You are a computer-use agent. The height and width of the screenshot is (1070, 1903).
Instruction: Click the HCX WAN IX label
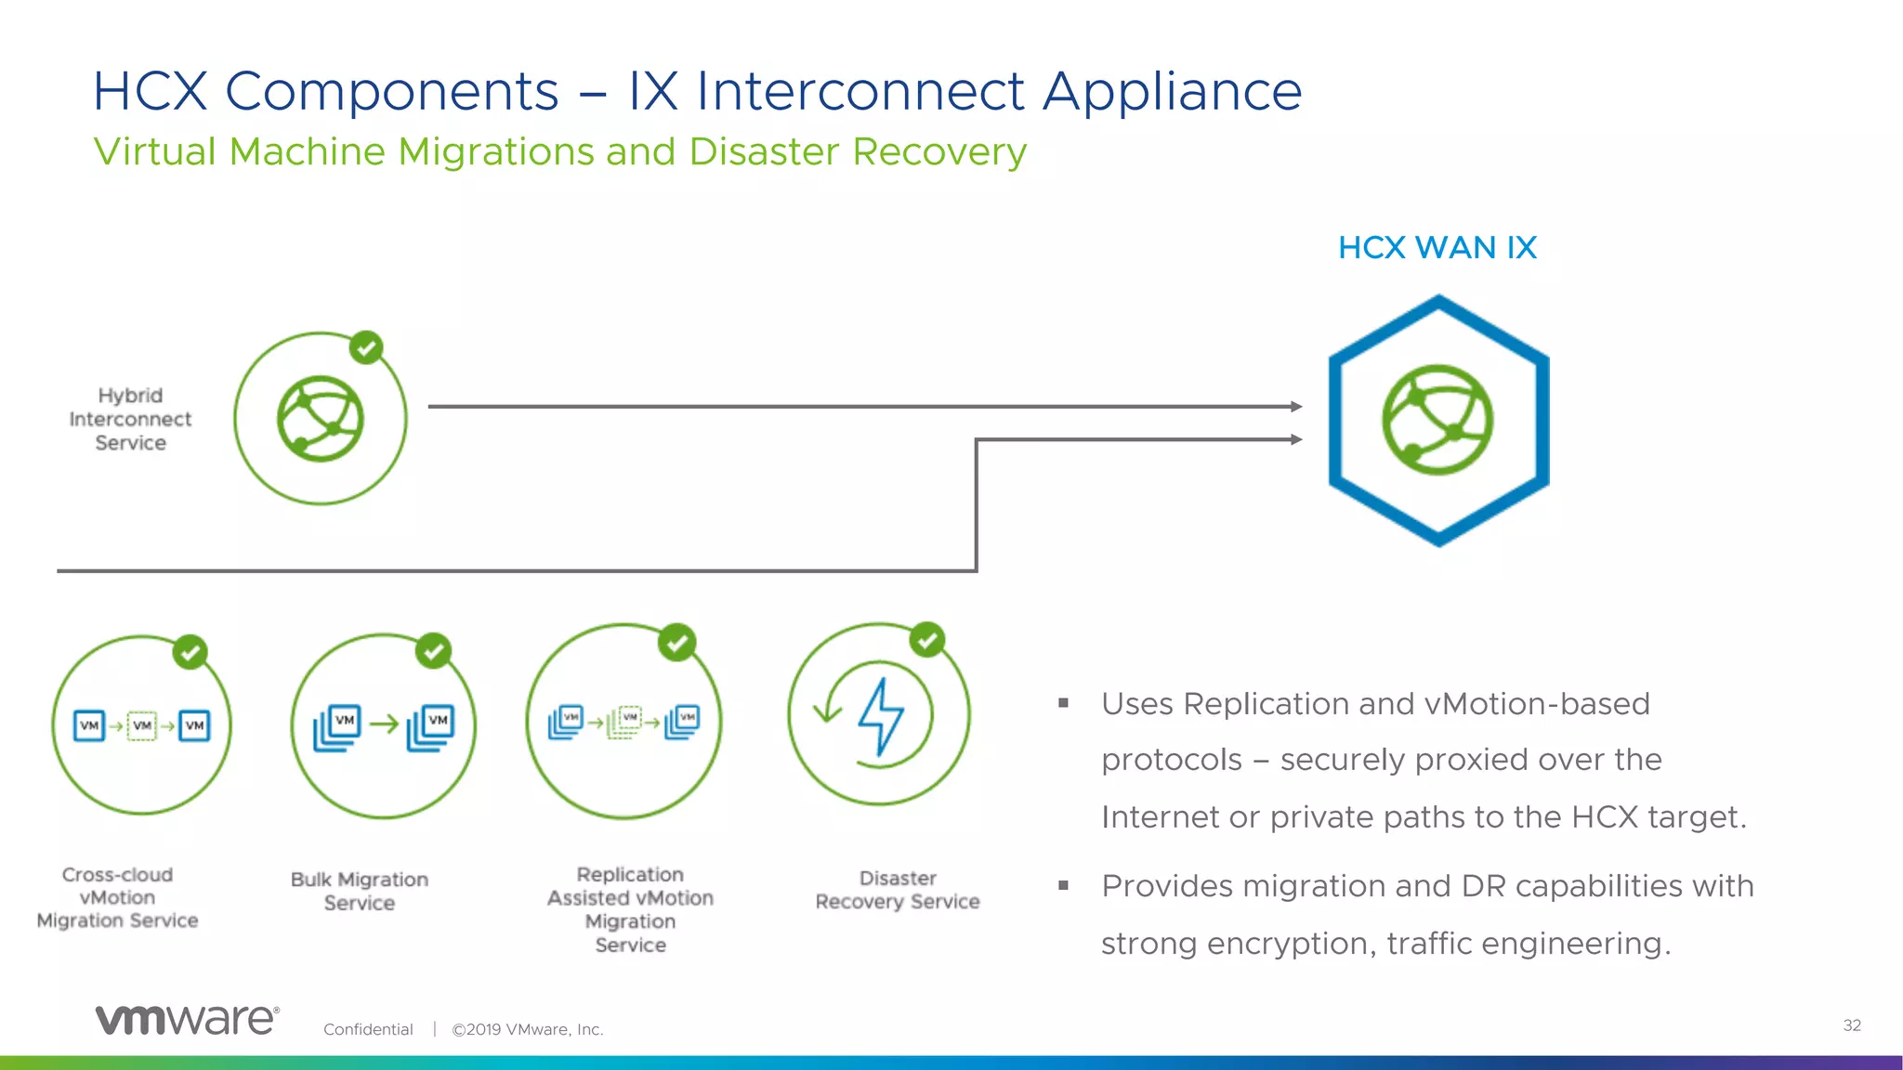click(1437, 248)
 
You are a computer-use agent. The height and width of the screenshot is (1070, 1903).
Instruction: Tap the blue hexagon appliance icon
click(1437, 420)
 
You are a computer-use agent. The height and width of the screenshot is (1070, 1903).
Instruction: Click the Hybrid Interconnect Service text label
click(130, 419)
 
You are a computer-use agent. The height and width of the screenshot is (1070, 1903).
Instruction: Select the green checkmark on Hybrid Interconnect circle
click(366, 348)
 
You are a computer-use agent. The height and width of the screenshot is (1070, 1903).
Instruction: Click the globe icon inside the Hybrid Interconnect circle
click(321, 419)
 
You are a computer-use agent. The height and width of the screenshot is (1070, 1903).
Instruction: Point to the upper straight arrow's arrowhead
click(1296, 406)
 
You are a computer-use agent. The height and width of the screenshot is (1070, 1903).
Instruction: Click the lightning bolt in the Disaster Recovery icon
click(880, 715)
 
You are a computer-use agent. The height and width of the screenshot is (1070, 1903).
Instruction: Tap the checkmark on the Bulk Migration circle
click(433, 651)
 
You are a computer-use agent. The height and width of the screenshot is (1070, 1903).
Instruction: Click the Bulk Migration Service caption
click(360, 891)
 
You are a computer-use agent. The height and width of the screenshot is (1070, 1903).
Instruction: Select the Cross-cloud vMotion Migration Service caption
click(117, 897)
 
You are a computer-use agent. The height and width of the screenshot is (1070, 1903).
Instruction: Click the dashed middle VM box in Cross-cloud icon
click(141, 725)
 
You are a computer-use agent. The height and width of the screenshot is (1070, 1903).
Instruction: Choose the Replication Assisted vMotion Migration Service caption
click(630, 909)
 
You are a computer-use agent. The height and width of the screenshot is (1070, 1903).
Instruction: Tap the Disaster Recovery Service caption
click(898, 890)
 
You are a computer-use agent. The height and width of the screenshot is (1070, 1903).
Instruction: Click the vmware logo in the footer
click(187, 1019)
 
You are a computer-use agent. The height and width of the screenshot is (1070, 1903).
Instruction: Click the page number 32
click(1852, 1025)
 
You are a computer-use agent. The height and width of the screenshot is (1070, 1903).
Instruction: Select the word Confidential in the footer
click(368, 1029)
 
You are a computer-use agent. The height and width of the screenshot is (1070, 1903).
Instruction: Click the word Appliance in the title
click(1172, 92)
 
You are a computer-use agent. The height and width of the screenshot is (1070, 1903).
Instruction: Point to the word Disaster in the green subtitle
click(764, 151)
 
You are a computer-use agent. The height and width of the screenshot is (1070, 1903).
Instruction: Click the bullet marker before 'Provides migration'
click(1064, 885)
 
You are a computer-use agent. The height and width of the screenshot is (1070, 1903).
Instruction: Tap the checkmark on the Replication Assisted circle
click(676, 642)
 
